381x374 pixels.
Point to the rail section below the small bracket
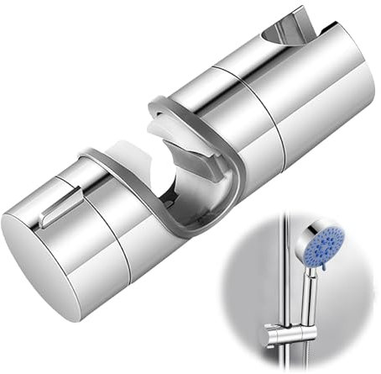coord(288,361)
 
